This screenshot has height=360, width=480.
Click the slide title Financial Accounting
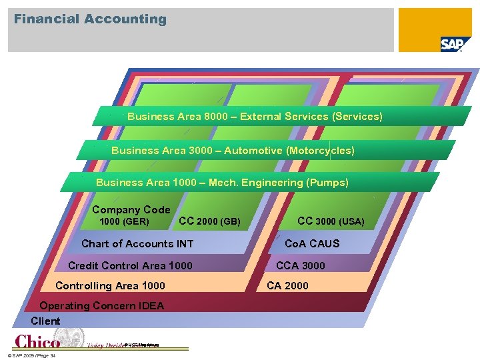pos(90,19)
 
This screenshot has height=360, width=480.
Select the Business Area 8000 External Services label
pos(255,117)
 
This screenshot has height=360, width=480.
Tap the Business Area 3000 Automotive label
pos(233,151)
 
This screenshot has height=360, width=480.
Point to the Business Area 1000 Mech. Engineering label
pos(222,182)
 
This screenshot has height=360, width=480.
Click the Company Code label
pos(131,209)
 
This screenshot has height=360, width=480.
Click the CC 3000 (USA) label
pos(331,221)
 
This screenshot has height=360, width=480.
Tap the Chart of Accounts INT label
pos(137,243)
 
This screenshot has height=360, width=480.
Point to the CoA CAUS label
pos(312,243)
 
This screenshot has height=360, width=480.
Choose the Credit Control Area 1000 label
pos(130,265)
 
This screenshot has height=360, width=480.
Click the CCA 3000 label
pos(301,265)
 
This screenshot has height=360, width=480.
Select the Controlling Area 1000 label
pos(110,286)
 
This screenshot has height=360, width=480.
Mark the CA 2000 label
pos(287,286)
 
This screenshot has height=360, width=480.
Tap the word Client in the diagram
pos(45,321)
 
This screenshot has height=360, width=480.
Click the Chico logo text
pos(37,341)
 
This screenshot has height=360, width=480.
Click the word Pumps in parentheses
pos(327,182)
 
